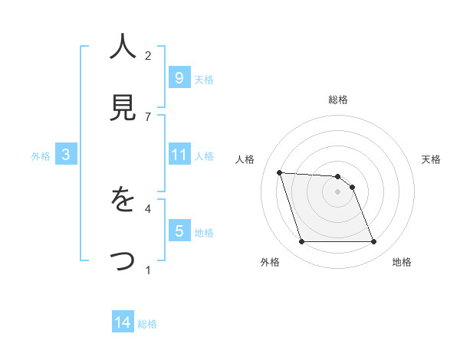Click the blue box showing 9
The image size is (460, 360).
coord(179,77)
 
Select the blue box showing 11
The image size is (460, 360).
coord(179,155)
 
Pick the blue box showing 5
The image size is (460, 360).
coord(179,231)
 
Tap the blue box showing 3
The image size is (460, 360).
coord(66,155)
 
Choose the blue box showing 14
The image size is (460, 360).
coord(123,323)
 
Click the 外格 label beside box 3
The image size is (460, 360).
coord(41,156)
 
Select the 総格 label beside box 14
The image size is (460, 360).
coord(147,324)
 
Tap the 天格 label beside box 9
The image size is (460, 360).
coord(203,79)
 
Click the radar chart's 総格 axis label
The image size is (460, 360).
coord(337,100)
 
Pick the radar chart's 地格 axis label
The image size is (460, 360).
coord(402,263)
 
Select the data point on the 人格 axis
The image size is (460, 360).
coord(279,172)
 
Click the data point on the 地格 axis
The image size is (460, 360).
coord(373,242)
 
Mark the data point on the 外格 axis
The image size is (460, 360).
coord(301,242)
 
